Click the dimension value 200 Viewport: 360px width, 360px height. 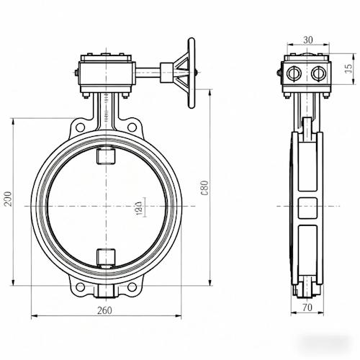click(7, 199)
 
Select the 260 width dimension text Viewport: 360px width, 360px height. click(106, 311)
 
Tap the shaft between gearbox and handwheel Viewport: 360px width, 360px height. click(152, 73)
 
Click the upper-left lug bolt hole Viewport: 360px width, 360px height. click(80, 128)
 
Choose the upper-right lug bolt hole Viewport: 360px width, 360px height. click(132, 128)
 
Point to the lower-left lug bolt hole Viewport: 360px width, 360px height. click(80, 289)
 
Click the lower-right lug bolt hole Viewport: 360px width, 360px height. click(132, 289)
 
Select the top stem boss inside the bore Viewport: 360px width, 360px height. click(106, 156)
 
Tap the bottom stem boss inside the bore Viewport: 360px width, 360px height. click(106, 256)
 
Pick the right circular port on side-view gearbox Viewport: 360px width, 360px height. click(317, 73)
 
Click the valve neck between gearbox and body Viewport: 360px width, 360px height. click(106, 112)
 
